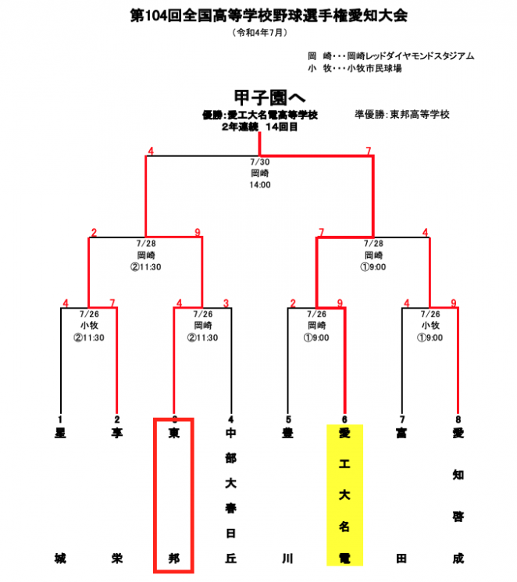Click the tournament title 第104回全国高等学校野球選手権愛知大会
258,16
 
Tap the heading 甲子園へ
259,97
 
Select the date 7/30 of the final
260,162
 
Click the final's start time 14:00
260,185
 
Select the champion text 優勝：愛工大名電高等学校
259,116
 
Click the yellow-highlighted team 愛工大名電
344,495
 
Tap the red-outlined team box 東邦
173,495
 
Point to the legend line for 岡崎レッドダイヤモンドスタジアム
390,56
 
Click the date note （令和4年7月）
258,33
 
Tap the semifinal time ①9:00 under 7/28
373,266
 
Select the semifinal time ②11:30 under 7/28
145,266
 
